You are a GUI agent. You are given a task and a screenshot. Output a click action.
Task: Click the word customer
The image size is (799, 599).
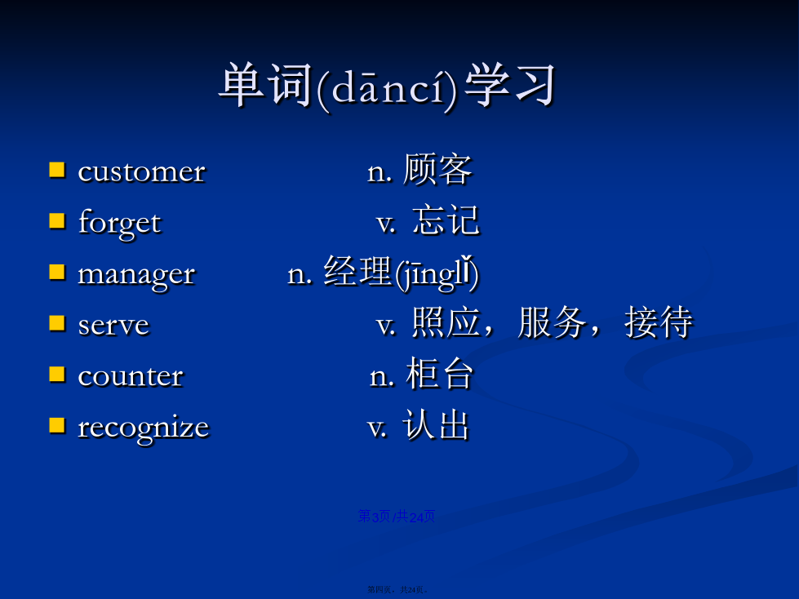[142, 171]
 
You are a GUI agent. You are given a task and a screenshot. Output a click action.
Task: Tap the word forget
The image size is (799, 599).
[120, 223]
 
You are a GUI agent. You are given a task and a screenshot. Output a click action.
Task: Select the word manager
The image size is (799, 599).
[136, 276]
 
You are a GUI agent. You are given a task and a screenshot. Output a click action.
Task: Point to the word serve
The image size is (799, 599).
[113, 326]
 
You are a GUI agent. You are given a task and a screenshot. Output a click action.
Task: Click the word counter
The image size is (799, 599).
[131, 376]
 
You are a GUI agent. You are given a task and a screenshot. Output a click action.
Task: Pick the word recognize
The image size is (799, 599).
[143, 428]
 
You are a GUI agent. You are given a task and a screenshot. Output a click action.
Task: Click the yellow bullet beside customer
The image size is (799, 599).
[57, 171]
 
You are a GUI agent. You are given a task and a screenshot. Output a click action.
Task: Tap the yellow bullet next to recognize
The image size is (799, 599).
[57, 425]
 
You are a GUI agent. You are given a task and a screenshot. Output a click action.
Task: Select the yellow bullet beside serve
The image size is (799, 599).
[57, 323]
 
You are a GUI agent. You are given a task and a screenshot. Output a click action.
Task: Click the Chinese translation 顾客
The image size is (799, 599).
[437, 170]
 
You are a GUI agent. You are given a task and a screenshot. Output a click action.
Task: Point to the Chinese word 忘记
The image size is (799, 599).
[446, 220]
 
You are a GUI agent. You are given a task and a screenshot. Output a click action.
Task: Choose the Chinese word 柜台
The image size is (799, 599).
[440, 374]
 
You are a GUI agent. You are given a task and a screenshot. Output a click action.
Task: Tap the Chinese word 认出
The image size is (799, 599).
[436, 424]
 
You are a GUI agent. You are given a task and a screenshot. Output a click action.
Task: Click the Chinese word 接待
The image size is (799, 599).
[659, 322]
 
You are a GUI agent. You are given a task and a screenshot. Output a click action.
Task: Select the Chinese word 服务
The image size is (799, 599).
[553, 322]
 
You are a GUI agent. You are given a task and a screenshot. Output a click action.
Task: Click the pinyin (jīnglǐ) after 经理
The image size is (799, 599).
[437, 274]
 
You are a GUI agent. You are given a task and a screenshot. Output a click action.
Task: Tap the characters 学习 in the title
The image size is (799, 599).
[509, 85]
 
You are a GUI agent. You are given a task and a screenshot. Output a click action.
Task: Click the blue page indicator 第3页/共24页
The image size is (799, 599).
[397, 517]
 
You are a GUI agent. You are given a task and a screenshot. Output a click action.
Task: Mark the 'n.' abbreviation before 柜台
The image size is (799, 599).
[382, 377]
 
